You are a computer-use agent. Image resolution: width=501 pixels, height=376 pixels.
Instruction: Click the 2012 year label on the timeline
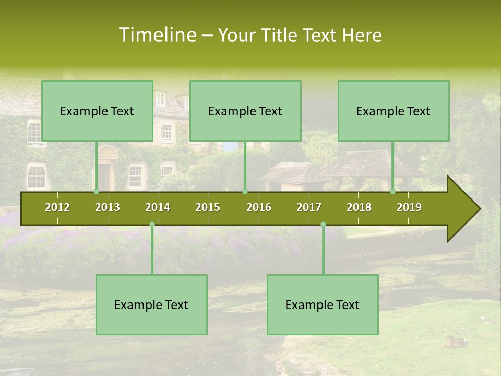(57, 207)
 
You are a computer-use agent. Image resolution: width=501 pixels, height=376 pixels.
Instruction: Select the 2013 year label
(108, 207)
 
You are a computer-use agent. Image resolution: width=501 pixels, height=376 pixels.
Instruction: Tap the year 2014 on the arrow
(158, 207)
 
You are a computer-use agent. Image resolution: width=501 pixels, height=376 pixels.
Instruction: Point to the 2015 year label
(208, 207)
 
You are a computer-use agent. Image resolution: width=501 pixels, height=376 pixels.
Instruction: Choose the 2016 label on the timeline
(259, 207)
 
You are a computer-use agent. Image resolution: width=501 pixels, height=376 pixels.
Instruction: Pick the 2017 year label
(309, 207)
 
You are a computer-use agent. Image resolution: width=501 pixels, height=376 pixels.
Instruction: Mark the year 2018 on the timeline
(359, 207)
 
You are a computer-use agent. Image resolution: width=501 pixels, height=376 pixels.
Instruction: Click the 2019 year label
(409, 207)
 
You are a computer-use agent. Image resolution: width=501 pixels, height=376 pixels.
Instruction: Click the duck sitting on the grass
(455, 342)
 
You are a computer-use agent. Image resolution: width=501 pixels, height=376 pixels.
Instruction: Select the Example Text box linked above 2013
(97, 111)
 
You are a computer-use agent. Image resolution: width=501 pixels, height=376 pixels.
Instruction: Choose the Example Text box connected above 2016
(245, 111)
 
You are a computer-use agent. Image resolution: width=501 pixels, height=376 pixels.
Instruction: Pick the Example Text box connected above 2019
(393, 111)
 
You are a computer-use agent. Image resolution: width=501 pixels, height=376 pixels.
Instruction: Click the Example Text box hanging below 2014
(151, 304)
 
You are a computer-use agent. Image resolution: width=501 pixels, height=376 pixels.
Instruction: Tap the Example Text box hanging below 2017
(323, 304)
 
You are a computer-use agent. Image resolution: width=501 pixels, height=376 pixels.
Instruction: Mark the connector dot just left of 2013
(96, 191)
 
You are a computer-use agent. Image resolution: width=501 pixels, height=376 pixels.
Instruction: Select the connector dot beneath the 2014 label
(152, 225)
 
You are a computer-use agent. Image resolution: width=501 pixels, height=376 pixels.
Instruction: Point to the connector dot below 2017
(323, 225)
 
